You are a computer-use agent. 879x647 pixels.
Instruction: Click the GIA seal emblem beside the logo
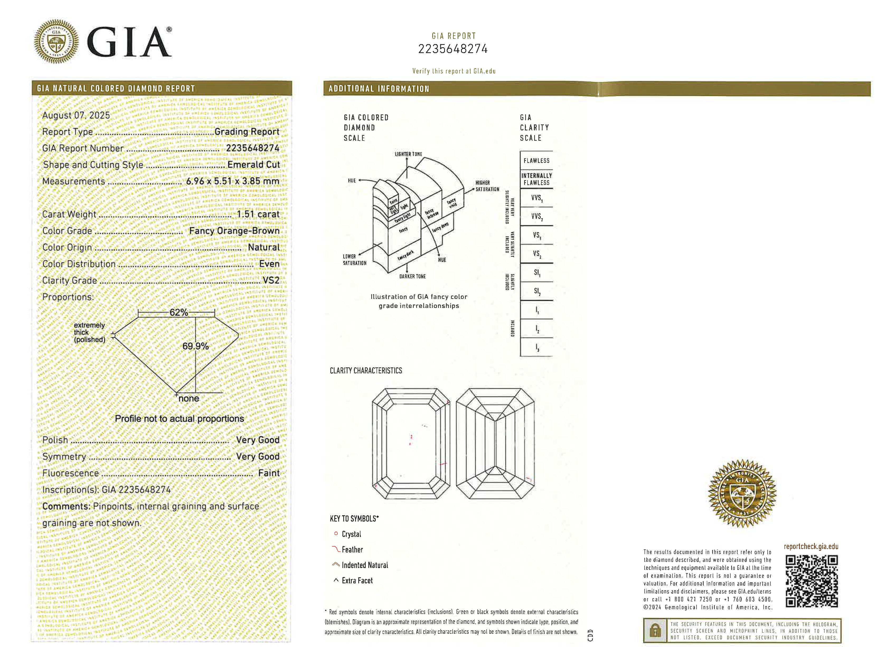[x=56, y=41]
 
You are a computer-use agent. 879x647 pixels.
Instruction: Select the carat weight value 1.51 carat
[x=258, y=214]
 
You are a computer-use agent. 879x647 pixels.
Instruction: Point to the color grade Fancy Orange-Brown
[x=234, y=231]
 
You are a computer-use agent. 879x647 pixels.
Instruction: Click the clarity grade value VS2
[x=271, y=280]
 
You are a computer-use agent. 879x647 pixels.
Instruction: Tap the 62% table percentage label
[x=178, y=312]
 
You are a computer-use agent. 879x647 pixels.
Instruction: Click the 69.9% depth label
[x=195, y=346]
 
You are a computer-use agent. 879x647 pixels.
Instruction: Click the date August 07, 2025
[x=76, y=115]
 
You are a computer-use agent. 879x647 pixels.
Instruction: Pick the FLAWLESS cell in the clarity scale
[x=537, y=161]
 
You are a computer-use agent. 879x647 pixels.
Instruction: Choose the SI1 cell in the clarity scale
[x=537, y=273]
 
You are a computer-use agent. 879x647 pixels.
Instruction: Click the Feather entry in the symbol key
[x=352, y=550]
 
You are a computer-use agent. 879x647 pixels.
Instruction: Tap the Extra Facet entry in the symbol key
[x=357, y=580]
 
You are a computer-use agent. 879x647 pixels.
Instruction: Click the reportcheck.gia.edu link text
[x=811, y=546]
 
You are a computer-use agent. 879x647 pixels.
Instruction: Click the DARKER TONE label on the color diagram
[x=412, y=276]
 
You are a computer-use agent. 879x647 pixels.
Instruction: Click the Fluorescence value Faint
[x=269, y=473]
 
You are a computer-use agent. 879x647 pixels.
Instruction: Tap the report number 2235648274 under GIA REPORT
[x=453, y=49]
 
